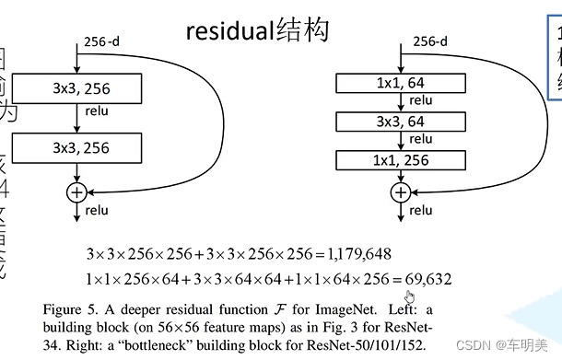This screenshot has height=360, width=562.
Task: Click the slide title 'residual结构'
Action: pyautogui.click(x=257, y=30)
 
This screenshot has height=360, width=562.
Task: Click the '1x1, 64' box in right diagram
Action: pyautogui.click(x=399, y=83)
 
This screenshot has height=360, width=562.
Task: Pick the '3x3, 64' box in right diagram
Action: pyautogui.click(x=399, y=122)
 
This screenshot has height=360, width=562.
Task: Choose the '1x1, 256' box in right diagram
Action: pyautogui.click(x=399, y=160)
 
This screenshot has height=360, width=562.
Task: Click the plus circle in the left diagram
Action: pyautogui.click(x=76, y=192)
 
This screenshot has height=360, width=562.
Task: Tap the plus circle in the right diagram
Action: pyautogui.click(x=400, y=192)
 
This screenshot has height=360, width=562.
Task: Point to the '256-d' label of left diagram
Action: pyautogui.click(x=102, y=42)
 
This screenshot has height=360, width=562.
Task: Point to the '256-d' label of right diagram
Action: pyautogui.click(x=429, y=42)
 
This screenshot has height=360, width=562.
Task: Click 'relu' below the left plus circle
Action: pyautogui.click(x=97, y=211)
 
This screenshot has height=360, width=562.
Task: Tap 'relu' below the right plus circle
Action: pyautogui.click(x=421, y=211)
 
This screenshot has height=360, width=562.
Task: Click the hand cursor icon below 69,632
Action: pyautogui.click(x=409, y=295)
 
